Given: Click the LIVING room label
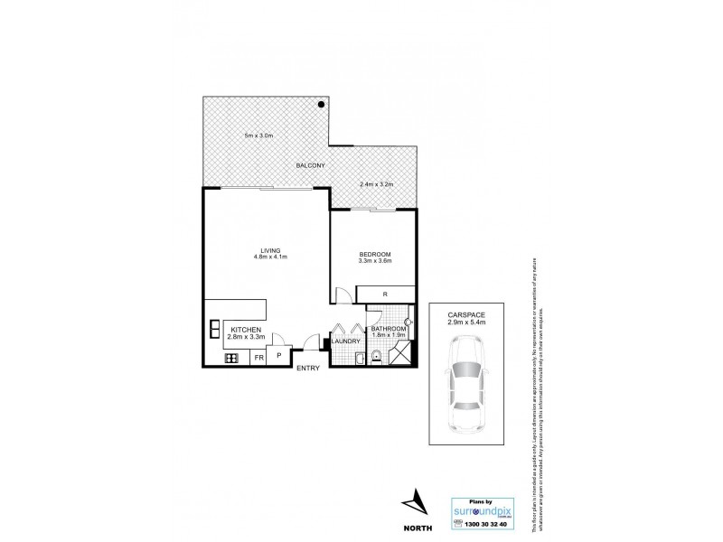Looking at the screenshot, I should [x=270, y=249].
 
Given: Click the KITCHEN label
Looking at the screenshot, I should [x=246, y=330].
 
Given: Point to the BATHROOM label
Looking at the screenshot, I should [x=389, y=329].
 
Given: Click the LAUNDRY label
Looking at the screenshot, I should [x=346, y=341].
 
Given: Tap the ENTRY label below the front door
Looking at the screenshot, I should [x=308, y=368].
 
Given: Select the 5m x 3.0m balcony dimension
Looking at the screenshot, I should [x=258, y=135].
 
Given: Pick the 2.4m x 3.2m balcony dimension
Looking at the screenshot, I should [x=378, y=184].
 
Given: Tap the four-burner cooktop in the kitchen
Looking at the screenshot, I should [x=230, y=358].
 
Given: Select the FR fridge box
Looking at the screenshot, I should [x=258, y=358].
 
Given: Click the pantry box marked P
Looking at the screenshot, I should [x=278, y=356].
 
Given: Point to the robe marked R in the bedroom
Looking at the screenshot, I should [x=385, y=294].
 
